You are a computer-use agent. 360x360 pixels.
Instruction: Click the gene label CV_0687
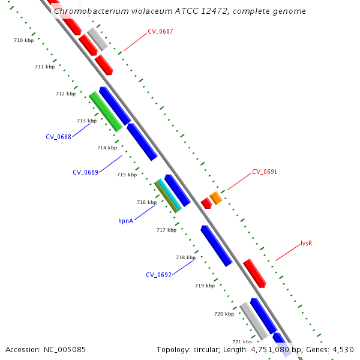click(160, 31)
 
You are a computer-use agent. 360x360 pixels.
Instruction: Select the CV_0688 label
click(58, 137)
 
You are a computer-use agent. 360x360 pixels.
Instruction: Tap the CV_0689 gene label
click(85, 172)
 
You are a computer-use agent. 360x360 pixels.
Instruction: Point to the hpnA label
click(125, 221)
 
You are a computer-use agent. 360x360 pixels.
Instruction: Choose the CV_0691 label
click(264, 172)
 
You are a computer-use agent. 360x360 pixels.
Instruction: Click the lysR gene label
click(306, 243)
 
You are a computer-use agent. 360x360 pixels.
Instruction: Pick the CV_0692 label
click(158, 275)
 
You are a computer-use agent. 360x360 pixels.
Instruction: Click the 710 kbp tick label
click(23, 40)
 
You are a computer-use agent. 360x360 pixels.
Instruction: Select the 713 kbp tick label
click(86, 121)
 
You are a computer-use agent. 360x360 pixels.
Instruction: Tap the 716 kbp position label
click(146, 202)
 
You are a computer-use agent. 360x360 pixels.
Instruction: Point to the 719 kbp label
click(205, 286)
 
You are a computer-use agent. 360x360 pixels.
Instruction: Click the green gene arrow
click(106, 111)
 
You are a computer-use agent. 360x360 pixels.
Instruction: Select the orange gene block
click(216, 197)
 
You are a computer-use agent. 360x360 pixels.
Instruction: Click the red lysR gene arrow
click(254, 273)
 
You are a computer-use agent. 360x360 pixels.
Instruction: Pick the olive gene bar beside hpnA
click(166, 196)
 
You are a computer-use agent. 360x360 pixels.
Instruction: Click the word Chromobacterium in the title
click(87, 11)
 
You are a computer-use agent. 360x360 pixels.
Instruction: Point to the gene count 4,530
click(343, 349)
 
